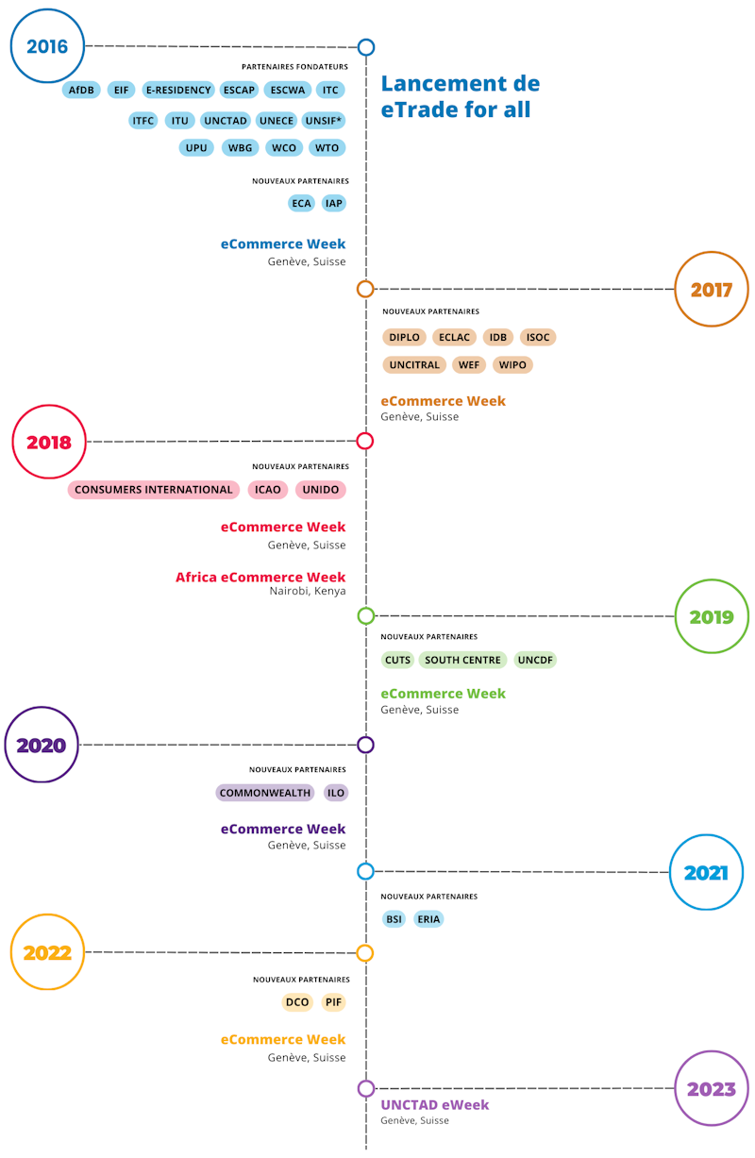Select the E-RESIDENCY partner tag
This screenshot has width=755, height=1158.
point(178,90)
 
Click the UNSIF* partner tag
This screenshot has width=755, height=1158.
point(323,121)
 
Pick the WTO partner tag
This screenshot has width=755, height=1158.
point(327,148)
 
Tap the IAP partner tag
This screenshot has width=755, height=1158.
point(333,203)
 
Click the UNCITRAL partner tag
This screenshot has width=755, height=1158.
point(414,365)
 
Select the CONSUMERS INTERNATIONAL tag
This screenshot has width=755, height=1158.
point(154,490)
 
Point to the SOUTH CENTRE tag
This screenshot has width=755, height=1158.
point(462,660)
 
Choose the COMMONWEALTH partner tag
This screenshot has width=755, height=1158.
point(265,793)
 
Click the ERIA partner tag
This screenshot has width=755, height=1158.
point(428,919)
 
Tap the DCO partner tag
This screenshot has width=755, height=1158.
point(297,1002)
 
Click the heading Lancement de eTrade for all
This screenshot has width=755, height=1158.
point(461,96)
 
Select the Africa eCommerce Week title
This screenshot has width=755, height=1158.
point(260,577)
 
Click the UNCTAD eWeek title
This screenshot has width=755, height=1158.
point(434,1105)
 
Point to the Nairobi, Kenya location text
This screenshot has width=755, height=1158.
point(308,591)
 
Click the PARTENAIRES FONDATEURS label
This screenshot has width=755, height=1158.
point(294,67)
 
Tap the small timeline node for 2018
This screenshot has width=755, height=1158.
point(365,441)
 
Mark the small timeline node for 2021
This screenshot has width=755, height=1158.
point(365,871)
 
